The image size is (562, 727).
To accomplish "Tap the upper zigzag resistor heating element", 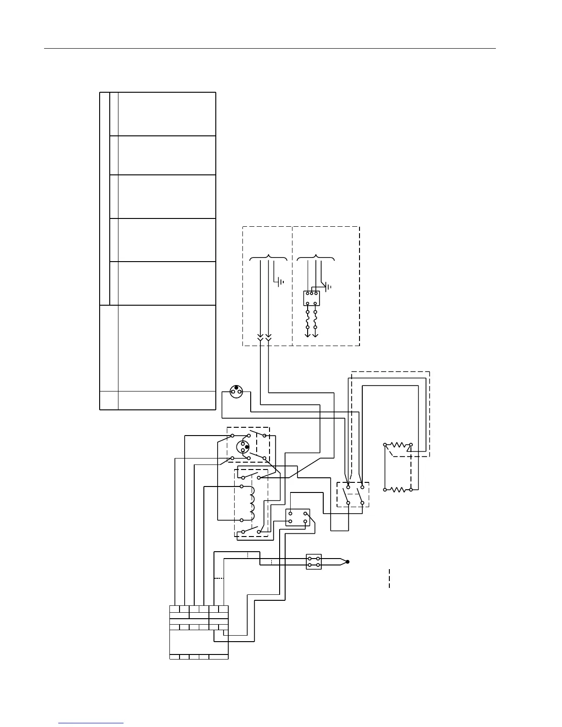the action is click(398, 445).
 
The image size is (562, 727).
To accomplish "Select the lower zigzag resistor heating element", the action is click(398, 489).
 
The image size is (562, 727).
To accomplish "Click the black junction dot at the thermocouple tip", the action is click(348, 562).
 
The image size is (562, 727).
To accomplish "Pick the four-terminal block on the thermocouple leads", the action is click(314, 562).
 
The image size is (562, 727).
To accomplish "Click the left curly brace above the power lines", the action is click(269, 258).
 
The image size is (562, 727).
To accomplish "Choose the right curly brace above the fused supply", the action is click(316, 258).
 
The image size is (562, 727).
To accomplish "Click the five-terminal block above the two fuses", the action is click(312, 298).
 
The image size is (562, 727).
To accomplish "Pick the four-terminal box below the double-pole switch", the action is click(298, 517).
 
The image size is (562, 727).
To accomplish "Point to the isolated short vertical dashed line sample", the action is click(389, 578).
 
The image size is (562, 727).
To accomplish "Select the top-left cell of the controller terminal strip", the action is click(174, 610).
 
